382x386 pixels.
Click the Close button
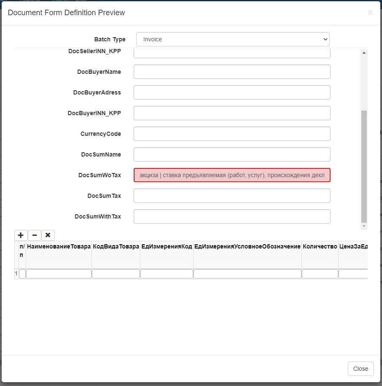(360, 369)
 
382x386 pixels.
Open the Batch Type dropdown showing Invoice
(233, 39)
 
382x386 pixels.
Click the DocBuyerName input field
(232, 72)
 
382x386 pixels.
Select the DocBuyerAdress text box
(232, 92)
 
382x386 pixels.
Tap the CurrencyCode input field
(232, 134)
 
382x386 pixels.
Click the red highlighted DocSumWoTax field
(232, 175)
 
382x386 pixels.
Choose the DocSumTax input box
(232, 196)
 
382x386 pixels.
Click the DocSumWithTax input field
(232, 216)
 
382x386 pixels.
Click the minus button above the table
(35, 235)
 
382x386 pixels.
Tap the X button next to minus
(48, 235)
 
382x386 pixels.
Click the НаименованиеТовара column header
(59, 246)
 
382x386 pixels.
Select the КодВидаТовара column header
(116, 246)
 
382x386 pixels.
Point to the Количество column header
(320, 246)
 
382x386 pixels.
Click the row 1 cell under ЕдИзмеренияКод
(167, 274)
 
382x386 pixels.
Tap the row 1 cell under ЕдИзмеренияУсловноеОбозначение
(247, 274)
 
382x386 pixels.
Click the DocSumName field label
(101, 154)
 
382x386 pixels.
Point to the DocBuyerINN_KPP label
(94, 113)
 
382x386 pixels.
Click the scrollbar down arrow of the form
(364, 227)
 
